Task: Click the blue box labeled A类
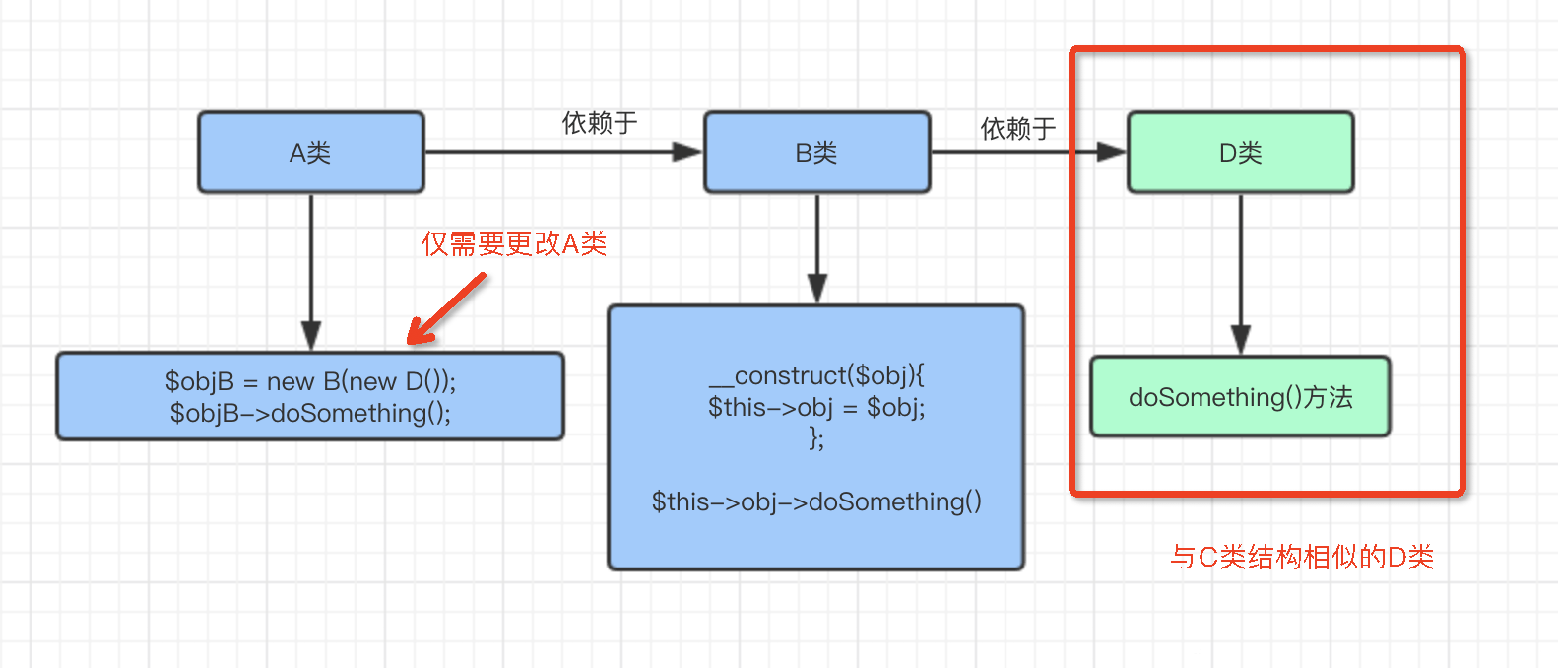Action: pyautogui.click(x=311, y=153)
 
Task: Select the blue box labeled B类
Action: pyautogui.click(x=816, y=153)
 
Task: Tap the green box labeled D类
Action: pyautogui.click(x=1240, y=153)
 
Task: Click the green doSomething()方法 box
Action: pyautogui.click(x=1240, y=397)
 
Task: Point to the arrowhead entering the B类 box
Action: pyautogui.click(x=686, y=152)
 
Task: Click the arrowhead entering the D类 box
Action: pyautogui.click(x=1110, y=152)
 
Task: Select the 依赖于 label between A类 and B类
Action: pyautogui.click(x=600, y=123)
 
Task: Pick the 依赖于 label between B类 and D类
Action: pyautogui.click(x=1018, y=128)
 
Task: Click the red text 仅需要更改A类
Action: pyautogui.click(x=514, y=243)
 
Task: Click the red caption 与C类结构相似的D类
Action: pyautogui.click(x=1301, y=557)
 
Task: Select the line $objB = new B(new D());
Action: pyautogui.click(x=310, y=381)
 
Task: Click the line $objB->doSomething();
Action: pyautogui.click(x=310, y=413)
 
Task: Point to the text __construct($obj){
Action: pyautogui.click(x=816, y=375)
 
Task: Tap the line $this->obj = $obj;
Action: pyautogui.click(x=816, y=407)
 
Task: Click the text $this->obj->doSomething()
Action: pyautogui.click(x=816, y=501)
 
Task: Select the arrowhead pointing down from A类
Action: pyautogui.click(x=311, y=336)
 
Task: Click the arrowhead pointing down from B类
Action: pyautogui.click(x=816, y=289)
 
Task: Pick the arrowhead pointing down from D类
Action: pyautogui.click(x=1240, y=340)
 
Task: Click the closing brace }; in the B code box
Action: pyautogui.click(x=816, y=437)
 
